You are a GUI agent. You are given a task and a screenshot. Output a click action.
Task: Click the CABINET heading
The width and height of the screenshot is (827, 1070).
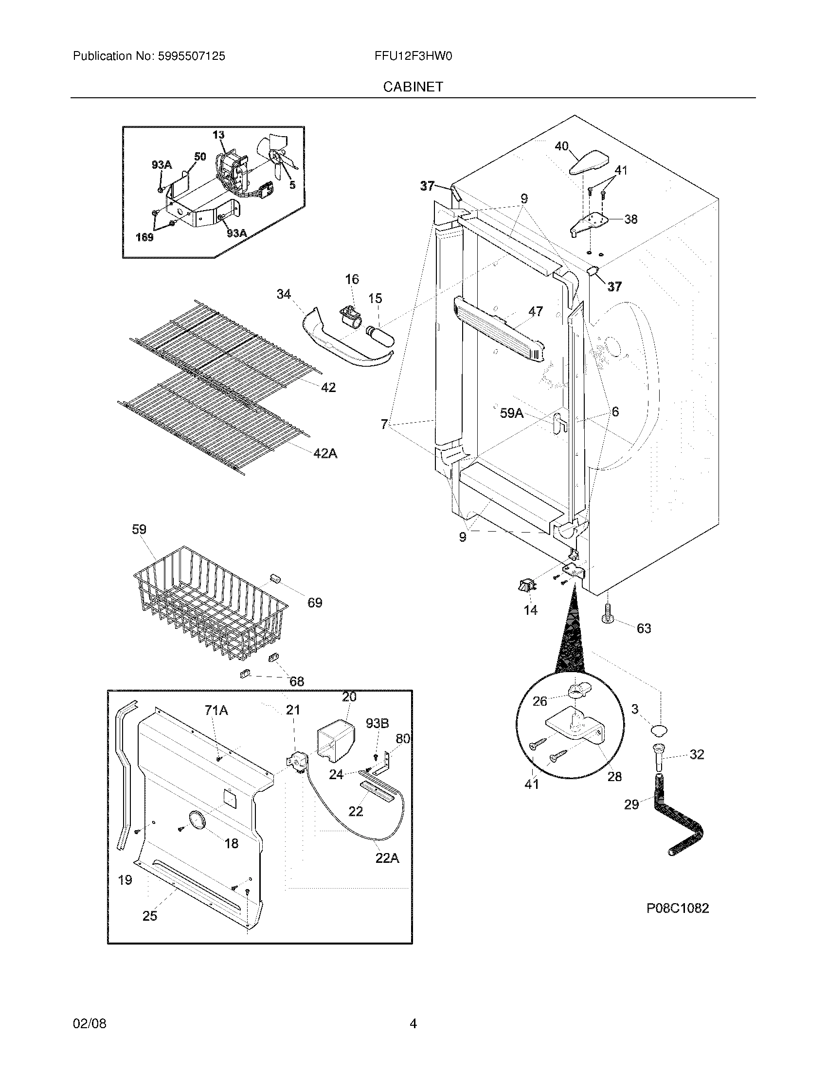(413, 87)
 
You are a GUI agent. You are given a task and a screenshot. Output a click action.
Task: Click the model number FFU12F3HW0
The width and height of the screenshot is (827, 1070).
(413, 56)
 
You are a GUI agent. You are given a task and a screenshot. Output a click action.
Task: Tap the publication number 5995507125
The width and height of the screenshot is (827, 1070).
(192, 56)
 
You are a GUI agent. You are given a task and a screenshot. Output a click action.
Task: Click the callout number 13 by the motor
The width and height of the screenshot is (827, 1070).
(218, 135)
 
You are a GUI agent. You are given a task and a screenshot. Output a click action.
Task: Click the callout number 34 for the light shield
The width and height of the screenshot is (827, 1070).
(284, 294)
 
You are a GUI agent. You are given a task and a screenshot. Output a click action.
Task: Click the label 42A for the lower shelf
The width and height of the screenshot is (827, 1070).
(325, 454)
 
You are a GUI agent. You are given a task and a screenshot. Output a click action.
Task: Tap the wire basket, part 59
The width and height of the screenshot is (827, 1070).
(211, 603)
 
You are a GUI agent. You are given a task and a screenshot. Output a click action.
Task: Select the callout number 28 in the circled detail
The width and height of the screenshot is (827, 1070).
(614, 776)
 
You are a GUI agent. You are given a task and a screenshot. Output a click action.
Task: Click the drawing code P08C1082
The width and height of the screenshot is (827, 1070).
(677, 908)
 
